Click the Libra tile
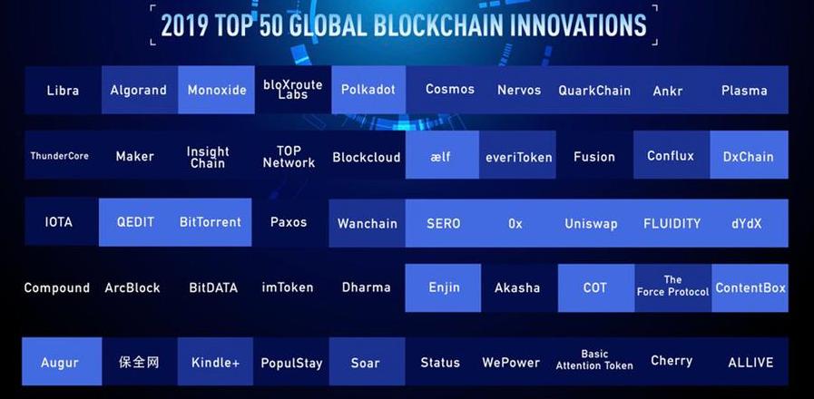click(63, 90)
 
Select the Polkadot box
click(368, 90)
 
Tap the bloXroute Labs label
click(293, 90)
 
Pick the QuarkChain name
click(594, 91)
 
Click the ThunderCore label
click(59, 156)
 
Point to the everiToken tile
click(517, 155)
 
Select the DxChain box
click(749, 155)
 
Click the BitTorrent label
click(211, 222)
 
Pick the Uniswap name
click(591, 224)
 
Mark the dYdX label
click(746, 224)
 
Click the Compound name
click(56, 287)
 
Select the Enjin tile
click(443, 288)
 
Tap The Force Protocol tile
click(672, 288)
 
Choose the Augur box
click(62, 362)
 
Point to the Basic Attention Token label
click(594, 360)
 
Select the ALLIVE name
click(750, 362)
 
